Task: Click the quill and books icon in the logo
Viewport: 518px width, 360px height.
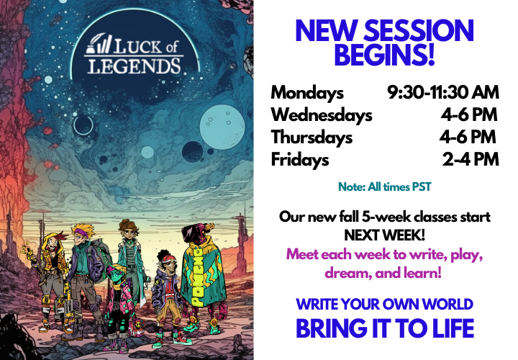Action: point(97,48)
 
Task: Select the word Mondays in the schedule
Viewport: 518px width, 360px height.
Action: point(307,93)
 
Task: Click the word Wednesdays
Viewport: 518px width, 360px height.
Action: point(322,115)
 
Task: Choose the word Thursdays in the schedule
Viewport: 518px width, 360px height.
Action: point(312,138)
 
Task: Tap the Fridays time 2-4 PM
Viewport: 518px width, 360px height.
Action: point(471,160)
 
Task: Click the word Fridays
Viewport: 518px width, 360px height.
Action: point(300,160)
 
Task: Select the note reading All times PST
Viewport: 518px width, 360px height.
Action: point(384,187)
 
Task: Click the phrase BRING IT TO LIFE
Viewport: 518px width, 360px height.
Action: point(384,328)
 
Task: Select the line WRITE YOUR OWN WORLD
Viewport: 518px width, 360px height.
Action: point(384,304)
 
